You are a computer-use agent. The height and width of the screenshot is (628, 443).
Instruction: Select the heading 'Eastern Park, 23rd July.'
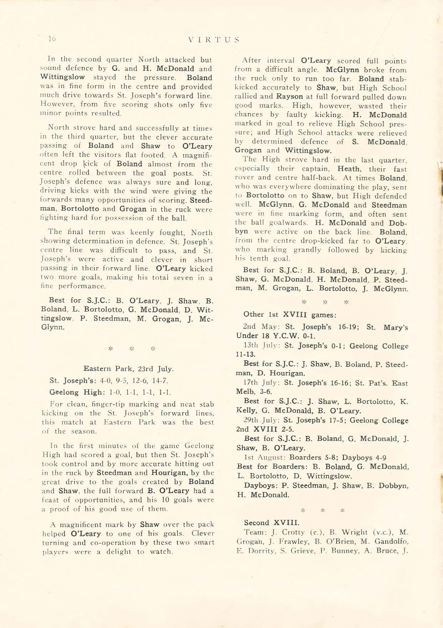[128, 368]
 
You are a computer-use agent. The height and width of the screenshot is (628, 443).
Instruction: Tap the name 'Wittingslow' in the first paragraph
[63, 77]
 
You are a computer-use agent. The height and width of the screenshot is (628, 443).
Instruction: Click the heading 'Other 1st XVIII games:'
[289, 314]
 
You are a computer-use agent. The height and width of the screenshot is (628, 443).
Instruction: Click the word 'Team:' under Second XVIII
[254, 532]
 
